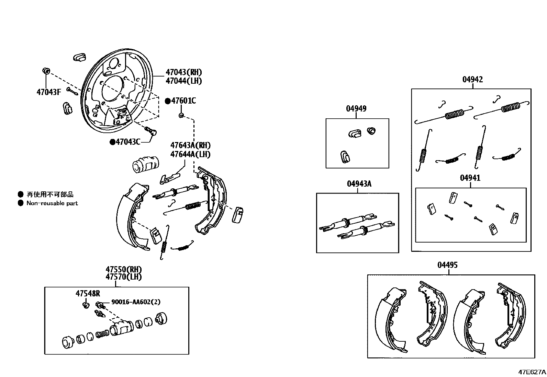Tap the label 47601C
[x=183, y=101]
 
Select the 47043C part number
[x=128, y=142]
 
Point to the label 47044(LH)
[x=183, y=81]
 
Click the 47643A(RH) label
[x=190, y=145]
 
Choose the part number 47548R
[x=88, y=293]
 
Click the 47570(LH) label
[x=123, y=277]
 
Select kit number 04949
[x=356, y=109]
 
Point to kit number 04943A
[x=359, y=184]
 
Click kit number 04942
[x=472, y=80]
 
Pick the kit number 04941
[x=470, y=178]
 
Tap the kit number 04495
[x=447, y=265]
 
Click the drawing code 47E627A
[x=532, y=372]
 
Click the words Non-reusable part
[x=52, y=203]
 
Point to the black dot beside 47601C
[x=168, y=101]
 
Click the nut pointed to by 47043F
[x=46, y=71]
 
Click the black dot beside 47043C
[x=112, y=142]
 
